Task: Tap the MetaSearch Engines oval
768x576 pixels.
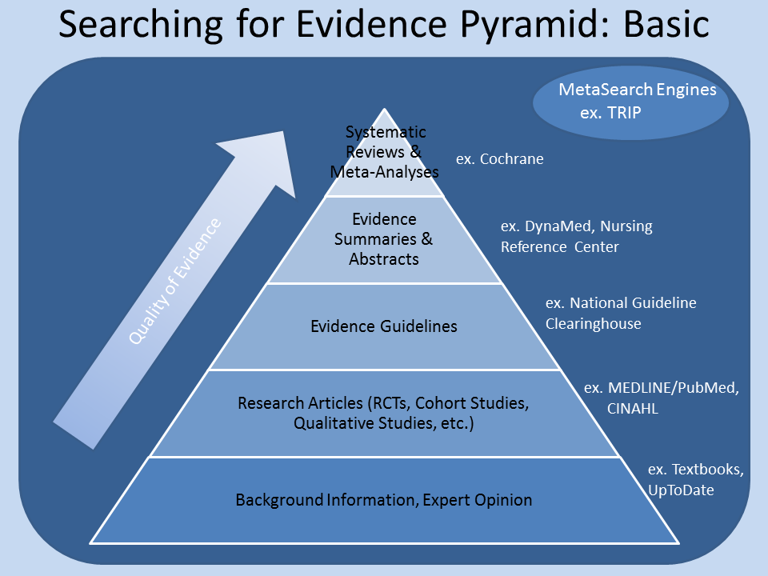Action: pos(630,102)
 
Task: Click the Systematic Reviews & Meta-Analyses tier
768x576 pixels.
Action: pos(385,152)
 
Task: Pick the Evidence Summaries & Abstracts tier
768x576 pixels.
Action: pos(384,238)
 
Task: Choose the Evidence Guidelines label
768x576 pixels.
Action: pos(384,326)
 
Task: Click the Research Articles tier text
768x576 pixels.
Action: pos(383,413)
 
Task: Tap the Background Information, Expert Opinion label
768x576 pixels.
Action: pos(383,500)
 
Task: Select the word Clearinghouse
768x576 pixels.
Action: pos(594,324)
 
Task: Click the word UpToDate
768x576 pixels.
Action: pos(681,490)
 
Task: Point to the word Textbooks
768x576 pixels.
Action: pos(707,470)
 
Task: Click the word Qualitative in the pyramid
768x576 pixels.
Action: pos(330,423)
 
